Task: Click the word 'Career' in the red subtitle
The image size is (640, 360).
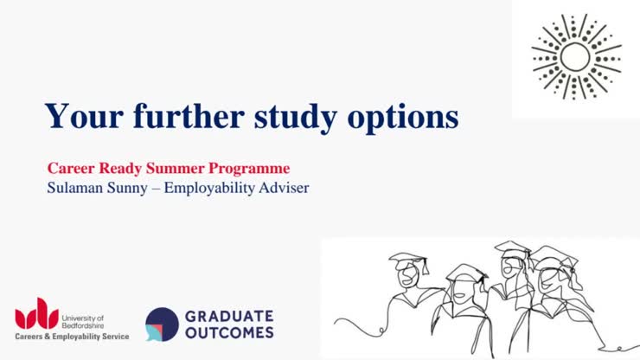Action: pyautogui.click(x=70, y=168)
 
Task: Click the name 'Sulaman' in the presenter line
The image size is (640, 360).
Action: pyautogui.click(x=75, y=187)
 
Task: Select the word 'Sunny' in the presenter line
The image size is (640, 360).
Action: pyautogui.click(x=130, y=187)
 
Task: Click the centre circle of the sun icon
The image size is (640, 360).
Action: pyautogui.click(x=575, y=56)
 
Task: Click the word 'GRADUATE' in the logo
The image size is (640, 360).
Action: pyautogui.click(x=228, y=316)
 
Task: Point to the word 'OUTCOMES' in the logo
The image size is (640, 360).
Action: pyautogui.click(x=228, y=332)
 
